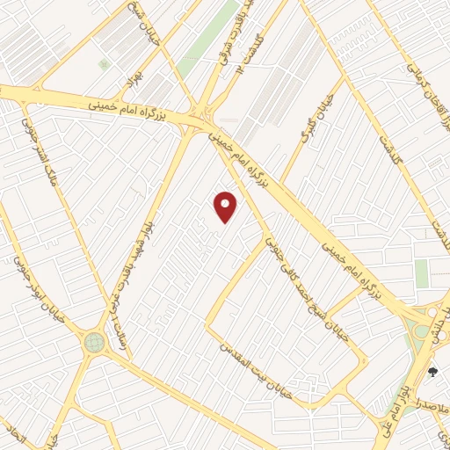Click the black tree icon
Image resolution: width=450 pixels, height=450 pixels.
point(432,372)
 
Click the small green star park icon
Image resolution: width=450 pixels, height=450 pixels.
point(104,64)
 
